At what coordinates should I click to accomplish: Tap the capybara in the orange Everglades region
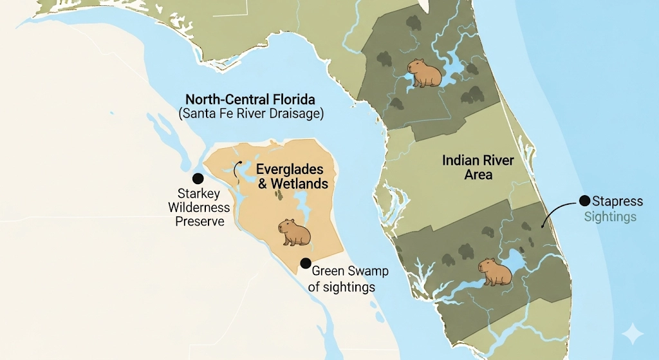[x=295, y=232]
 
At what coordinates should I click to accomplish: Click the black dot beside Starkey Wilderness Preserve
[x=198, y=178]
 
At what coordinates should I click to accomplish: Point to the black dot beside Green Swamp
[x=306, y=263]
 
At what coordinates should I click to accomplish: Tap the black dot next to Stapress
[x=584, y=200]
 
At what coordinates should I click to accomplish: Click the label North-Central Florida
[x=250, y=100]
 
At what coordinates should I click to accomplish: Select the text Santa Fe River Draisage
[x=251, y=114]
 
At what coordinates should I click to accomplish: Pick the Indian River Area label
[x=478, y=166]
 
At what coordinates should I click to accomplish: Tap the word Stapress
[x=618, y=201]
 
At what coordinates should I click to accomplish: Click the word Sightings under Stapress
[x=610, y=216]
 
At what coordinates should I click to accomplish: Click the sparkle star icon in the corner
[x=632, y=334]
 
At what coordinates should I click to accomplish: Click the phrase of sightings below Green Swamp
[x=341, y=287]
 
